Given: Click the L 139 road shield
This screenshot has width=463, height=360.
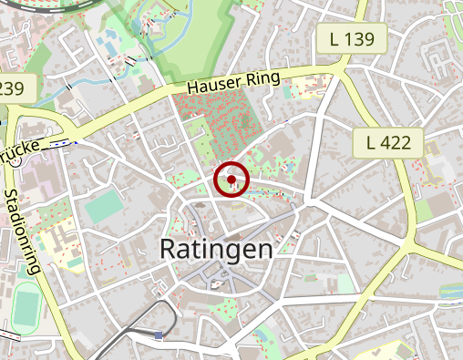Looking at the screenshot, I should pos(354,38).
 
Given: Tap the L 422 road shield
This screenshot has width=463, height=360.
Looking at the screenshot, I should pos(389,142).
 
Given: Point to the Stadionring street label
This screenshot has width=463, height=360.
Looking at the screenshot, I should pos(23,231).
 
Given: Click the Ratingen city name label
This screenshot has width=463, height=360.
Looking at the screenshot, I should pos(215,248).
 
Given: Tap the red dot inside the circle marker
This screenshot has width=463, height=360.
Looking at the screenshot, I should pos(231,180).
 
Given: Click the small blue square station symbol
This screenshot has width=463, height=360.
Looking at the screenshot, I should pos(159,335).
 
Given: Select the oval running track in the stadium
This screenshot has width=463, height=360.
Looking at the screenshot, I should pos(26,308).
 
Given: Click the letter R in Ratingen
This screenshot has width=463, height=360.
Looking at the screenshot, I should pos(170,248).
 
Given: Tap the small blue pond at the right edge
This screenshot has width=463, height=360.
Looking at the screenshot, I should pos(450,291).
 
